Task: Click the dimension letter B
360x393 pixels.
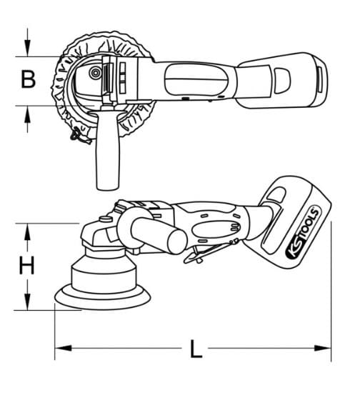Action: [x=28, y=79]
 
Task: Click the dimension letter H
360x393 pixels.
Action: [x=26, y=265]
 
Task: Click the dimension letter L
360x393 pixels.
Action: [x=196, y=349]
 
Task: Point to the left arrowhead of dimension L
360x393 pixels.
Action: [x=63, y=348]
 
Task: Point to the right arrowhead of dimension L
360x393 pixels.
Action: [x=323, y=348]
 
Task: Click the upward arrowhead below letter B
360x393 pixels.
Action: [x=28, y=114]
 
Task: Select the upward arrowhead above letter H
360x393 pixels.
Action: [x=28, y=232]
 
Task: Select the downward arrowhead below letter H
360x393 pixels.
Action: [x=28, y=302]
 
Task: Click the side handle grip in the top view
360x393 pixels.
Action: [x=108, y=150]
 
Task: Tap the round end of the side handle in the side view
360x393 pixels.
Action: [x=177, y=242]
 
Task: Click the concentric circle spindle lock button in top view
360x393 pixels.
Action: [x=96, y=73]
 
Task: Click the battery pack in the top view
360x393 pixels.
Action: [x=283, y=80]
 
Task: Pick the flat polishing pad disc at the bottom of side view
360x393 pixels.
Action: [x=103, y=298]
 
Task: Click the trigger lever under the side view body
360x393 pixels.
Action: [x=211, y=252]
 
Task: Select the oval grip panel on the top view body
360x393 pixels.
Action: [x=196, y=79]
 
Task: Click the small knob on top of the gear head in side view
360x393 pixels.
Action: [x=106, y=219]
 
